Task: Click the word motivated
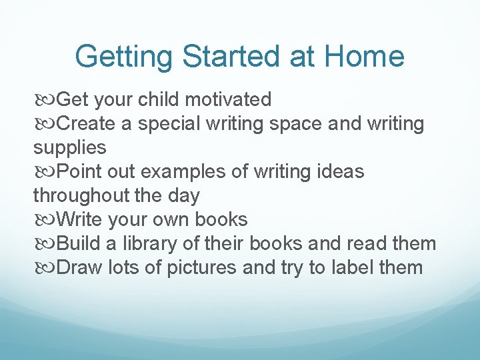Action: click(228, 100)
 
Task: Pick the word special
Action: click(166, 124)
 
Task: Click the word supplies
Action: click(69, 148)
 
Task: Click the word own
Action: click(177, 220)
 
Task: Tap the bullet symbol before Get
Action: click(45, 101)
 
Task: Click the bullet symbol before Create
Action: click(45, 125)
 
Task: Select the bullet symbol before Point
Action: click(45, 173)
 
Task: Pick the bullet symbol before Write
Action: click(45, 221)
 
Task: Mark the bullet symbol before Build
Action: click(45, 245)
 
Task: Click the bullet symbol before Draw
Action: click(45, 269)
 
